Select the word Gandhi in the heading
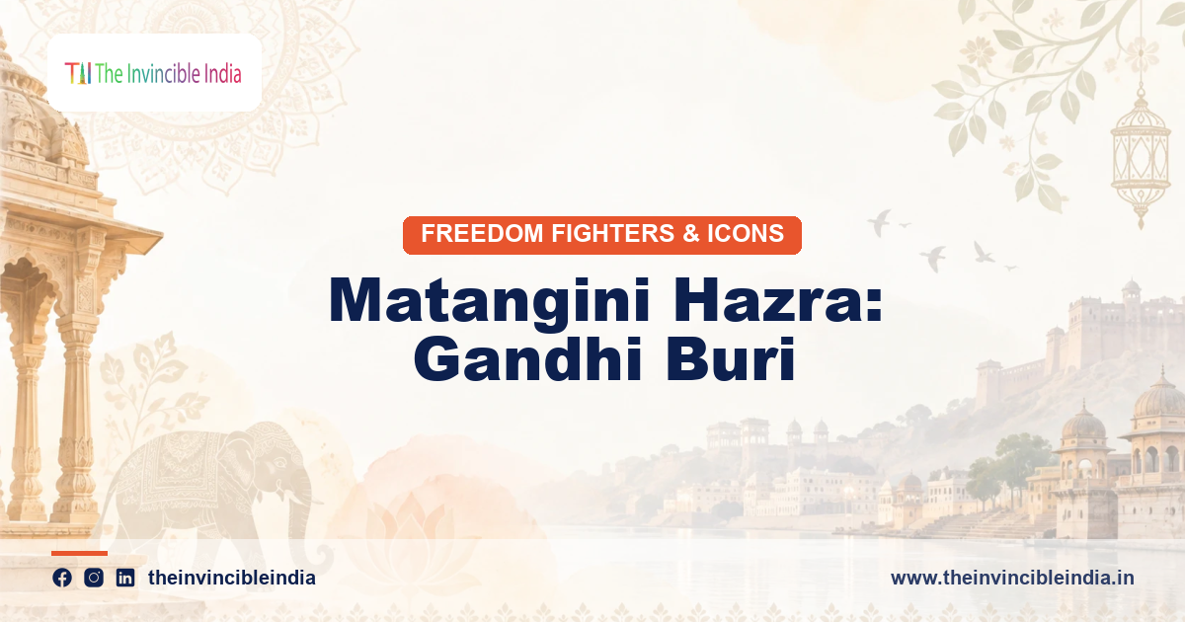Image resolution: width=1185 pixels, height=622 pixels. (x=527, y=358)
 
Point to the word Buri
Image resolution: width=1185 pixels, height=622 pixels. (x=730, y=358)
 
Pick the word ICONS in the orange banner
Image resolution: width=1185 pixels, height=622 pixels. (x=746, y=233)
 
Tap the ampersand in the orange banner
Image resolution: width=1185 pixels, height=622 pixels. (x=691, y=233)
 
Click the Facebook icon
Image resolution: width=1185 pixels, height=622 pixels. (x=62, y=578)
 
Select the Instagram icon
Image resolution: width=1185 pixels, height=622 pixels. (x=94, y=578)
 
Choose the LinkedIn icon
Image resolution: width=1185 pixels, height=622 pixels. (x=125, y=578)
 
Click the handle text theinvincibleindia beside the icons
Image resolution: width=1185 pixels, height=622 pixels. (x=232, y=578)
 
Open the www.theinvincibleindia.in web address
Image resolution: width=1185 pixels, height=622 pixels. (x=1012, y=578)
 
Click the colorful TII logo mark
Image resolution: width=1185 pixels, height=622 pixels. (x=78, y=73)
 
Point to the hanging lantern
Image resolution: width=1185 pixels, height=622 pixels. (x=1140, y=153)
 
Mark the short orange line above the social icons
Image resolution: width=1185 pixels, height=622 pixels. (x=79, y=553)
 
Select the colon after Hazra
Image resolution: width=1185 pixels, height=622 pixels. (x=874, y=306)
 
